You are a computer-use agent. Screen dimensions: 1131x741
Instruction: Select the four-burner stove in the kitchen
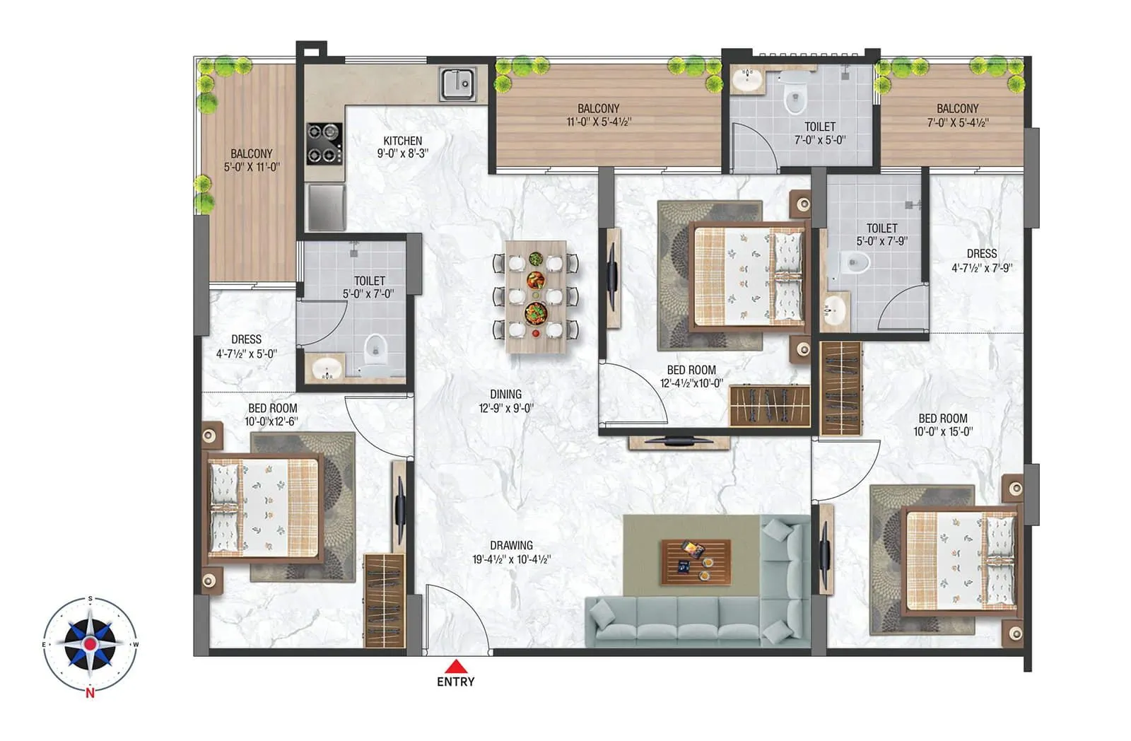coord(324,143)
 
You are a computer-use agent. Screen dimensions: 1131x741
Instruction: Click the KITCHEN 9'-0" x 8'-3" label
coord(402,146)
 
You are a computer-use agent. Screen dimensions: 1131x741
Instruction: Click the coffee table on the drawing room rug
coord(696,562)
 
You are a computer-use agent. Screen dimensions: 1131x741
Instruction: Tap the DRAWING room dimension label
coord(511,552)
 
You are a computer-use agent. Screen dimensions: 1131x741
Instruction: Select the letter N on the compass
coord(90,693)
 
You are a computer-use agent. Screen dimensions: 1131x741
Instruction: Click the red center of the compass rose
coord(90,643)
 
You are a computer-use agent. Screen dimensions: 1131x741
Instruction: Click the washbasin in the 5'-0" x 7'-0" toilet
coord(326,368)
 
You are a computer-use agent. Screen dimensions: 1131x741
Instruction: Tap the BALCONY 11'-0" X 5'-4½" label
coord(598,115)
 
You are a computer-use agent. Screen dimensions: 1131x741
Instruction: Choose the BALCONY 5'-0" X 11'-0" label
coord(251,161)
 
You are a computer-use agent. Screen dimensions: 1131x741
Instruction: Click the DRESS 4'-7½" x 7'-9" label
coord(981,260)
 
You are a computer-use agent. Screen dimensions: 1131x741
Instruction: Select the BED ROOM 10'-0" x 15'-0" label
coord(943,424)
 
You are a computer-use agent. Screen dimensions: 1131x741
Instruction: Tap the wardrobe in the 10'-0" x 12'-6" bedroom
coord(385,600)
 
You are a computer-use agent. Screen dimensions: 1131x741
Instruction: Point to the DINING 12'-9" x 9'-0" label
coord(505,401)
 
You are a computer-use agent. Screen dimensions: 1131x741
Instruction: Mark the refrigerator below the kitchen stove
coord(326,206)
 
